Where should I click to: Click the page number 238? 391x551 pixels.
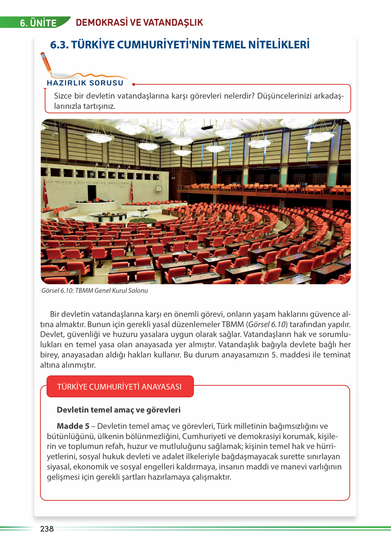pyautogui.click(x=47, y=529)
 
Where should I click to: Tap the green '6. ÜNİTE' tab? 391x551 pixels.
pyautogui.click(x=38, y=23)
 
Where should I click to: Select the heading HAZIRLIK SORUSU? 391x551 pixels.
pyautogui.click(x=85, y=83)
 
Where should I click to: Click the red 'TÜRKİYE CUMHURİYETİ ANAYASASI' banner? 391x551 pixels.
pyautogui.click(x=119, y=387)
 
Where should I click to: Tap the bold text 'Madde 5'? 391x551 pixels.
pyautogui.click(x=73, y=426)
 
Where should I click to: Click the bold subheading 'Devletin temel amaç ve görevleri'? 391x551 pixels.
pyautogui.click(x=118, y=410)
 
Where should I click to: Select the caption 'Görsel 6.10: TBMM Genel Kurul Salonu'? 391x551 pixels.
pyautogui.click(x=94, y=291)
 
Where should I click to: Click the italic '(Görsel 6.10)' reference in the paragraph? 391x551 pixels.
pyautogui.click(x=267, y=324)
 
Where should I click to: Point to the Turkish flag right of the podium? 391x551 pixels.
pyautogui.click(x=132, y=192)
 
